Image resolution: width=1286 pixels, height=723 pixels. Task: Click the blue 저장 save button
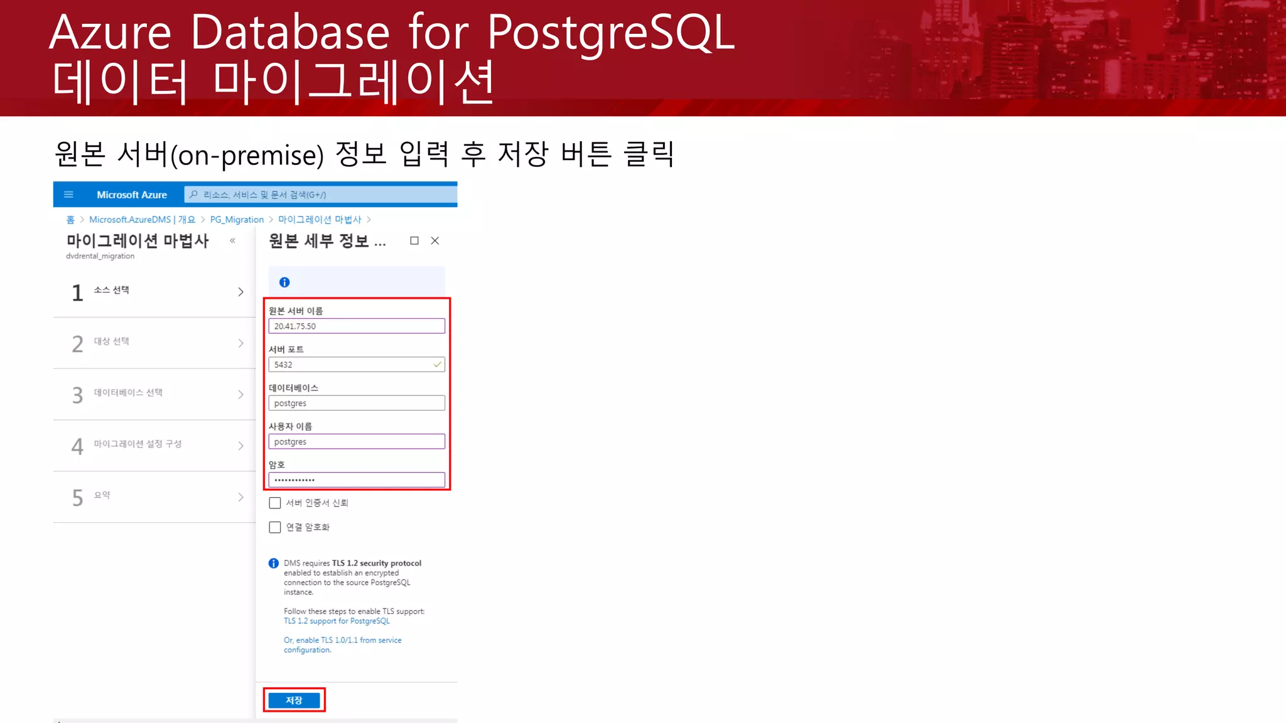[294, 700]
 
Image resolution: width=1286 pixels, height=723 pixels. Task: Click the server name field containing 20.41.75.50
[356, 326]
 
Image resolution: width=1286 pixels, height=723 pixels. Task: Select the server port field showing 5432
[352, 365]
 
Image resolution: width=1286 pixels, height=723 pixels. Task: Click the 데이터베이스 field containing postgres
[356, 403]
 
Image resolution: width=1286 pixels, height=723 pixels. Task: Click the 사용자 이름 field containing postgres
[356, 442]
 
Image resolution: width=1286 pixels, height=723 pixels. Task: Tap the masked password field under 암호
[356, 480]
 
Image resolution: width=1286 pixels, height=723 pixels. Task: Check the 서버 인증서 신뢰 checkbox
[275, 503]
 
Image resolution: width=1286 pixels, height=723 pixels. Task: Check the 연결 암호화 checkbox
[275, 527]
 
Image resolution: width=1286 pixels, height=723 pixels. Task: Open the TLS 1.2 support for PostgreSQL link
[337, 621]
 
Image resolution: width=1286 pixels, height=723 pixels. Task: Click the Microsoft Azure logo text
[132, 195]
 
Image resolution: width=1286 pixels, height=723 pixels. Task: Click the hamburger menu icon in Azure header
[69, 195]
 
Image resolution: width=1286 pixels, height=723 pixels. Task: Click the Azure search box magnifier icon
[193, 195]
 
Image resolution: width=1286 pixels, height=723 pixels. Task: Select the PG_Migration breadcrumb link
[237, 220]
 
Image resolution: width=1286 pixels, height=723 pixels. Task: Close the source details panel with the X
[435, 240]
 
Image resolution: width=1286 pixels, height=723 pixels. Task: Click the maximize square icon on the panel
[414, 240]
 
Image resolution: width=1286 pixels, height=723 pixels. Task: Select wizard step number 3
[77, 395]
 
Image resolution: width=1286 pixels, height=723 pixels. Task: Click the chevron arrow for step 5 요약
[240, 497]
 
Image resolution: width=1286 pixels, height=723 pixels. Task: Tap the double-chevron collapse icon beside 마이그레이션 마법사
[232, 240]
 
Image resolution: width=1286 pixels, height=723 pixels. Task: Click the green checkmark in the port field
[437, 364]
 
